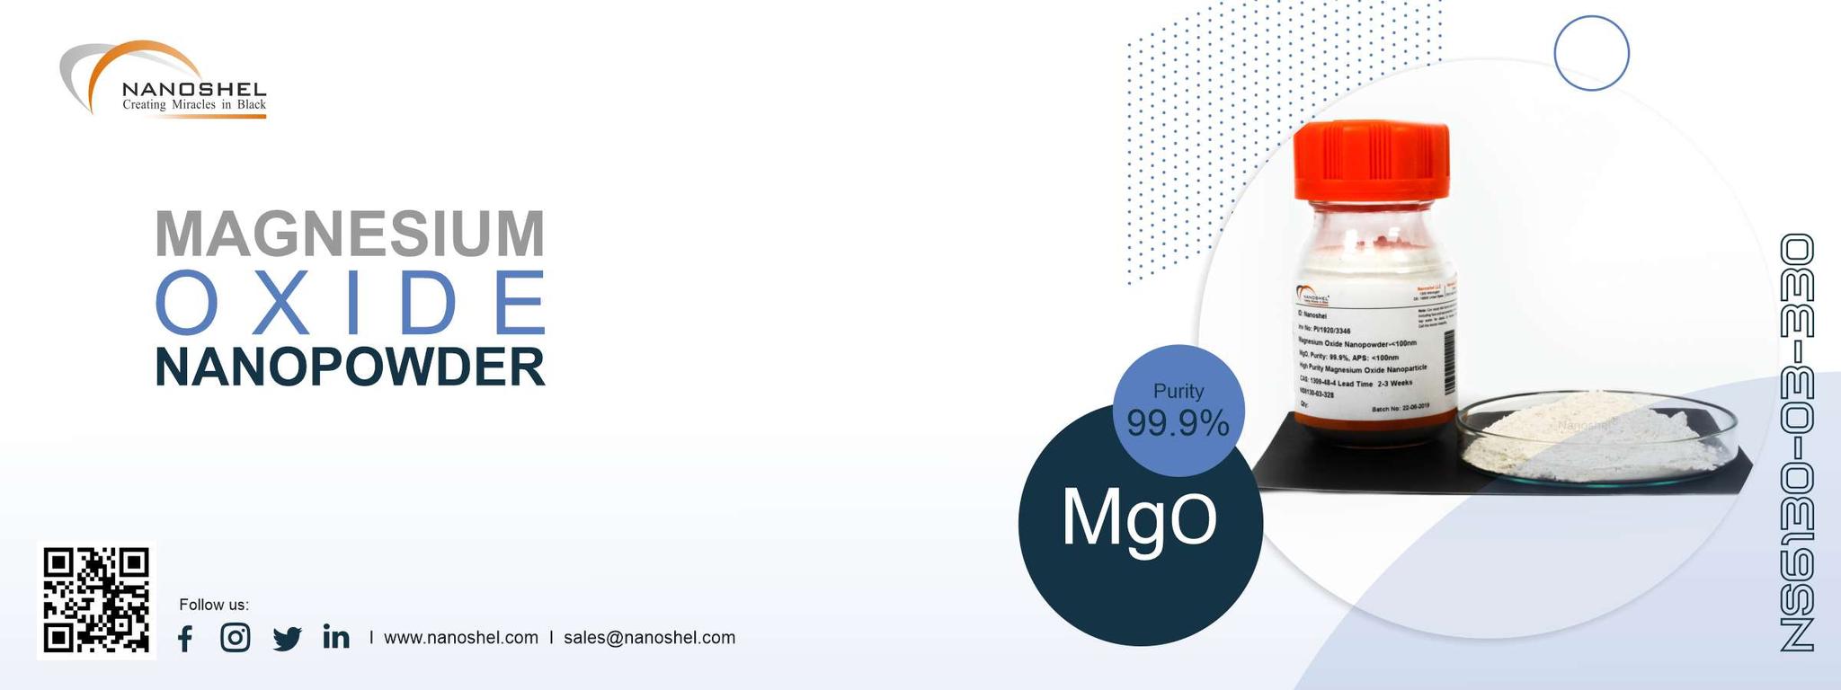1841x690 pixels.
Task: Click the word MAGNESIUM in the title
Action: point(350,234)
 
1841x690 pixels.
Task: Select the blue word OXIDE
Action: point(351,301)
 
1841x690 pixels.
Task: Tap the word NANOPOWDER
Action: point(350,367)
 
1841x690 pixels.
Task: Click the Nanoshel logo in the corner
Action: point(165,80)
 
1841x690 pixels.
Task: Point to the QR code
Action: point(96,599)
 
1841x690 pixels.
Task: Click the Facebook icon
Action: point(185,639)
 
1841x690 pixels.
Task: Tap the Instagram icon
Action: point(236,638)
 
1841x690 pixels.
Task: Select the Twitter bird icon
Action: point(287,639)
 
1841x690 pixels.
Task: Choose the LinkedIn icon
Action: point(336,638)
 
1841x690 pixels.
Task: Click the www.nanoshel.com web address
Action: point(460,638)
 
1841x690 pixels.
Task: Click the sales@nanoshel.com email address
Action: point(649,638)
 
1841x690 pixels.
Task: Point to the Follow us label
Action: point(214,605)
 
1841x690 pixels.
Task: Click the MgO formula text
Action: point(1139,519)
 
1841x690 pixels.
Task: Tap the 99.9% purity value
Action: point(1178,423)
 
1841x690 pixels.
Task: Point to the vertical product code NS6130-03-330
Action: point(1797,442)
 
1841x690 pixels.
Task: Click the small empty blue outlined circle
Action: point(1591,52)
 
